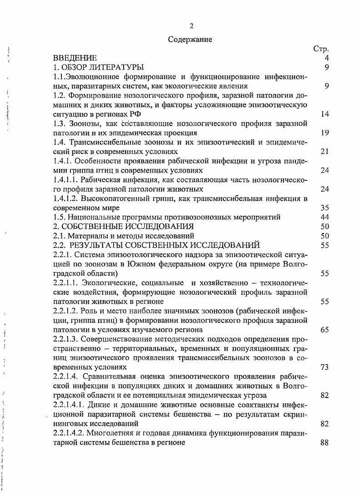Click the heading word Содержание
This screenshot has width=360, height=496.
pyautogui.click(x=190, y=39)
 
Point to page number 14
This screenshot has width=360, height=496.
pyautogui.click(x=324, y=114)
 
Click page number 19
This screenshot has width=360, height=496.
pyautogui.click(x=324, y=133)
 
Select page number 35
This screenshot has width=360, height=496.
pyautogui.click(x=324, y=208)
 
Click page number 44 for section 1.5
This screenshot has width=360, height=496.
pyautogui.click(x=324, y=217)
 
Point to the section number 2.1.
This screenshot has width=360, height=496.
pyautogui.click(x=59, y=236)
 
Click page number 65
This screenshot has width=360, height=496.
pyautogui.click(x=324, y=330)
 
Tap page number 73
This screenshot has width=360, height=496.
pyautogui.click(x=324, y=367)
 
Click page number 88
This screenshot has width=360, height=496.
pyautogui.click(x=324, y=443)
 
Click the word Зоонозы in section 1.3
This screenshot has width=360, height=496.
pyautogui.click(x=90, y=124)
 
